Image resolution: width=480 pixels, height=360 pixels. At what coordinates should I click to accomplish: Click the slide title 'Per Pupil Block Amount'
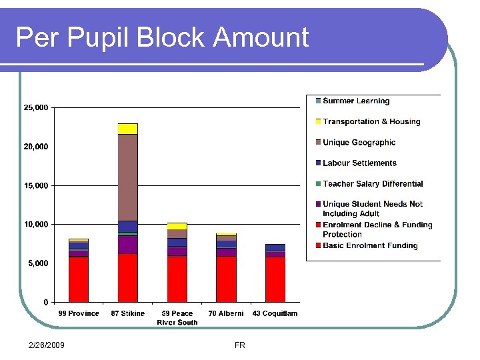point(162,37)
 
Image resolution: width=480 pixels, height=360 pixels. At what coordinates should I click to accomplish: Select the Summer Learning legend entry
point(356,101)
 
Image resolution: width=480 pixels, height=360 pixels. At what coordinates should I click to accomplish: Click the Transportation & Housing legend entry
point(371,122)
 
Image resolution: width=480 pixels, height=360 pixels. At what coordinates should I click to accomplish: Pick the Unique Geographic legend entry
point(359,143)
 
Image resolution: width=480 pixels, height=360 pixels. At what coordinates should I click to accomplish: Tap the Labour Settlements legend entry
point(359,163)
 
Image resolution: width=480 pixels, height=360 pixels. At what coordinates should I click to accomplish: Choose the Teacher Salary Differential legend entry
point(373,184)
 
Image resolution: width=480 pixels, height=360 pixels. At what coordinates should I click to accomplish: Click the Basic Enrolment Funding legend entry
point(370,245)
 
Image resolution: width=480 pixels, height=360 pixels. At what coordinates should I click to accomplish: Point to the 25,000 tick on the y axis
point(36,107)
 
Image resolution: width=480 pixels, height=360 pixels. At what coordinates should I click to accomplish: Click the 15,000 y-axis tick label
point(36,185)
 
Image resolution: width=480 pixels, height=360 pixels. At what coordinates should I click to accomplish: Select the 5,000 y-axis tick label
point(38,263)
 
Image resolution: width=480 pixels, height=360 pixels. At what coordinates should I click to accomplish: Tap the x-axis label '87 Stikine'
point(128,313)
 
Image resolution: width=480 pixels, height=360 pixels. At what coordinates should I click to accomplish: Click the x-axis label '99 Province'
point(79,313)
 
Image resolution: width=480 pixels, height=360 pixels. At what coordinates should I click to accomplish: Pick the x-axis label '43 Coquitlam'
point(275,313)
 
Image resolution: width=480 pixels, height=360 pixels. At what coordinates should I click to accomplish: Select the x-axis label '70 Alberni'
point(226,313)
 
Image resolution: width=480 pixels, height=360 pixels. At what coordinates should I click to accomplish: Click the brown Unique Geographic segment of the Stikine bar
point(128,177)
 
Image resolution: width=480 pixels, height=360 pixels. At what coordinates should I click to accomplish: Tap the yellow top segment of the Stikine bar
point(128,129)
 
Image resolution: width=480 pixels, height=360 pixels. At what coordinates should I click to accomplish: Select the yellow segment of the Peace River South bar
point(177,226)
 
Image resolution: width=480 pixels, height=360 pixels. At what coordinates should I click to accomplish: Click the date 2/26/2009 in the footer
point(47,345)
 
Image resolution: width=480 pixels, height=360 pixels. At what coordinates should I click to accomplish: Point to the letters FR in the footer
point(240,345)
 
